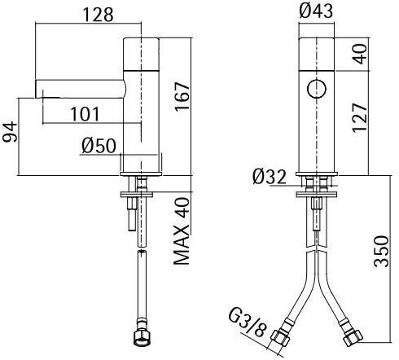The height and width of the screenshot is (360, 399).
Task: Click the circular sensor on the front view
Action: click(314, 87)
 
